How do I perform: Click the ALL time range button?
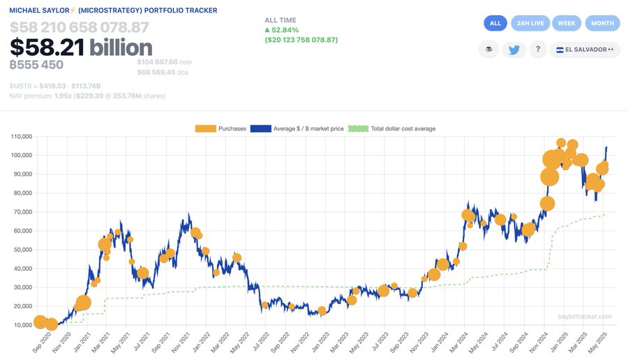(x=495, y=23)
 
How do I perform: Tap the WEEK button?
(x=567, y=23)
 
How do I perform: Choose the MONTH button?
(x=602, y=23)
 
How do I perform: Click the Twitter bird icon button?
(x=514, y=50)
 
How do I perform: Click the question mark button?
(x=537, y=50)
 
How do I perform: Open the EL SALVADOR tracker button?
(x=585, y=50)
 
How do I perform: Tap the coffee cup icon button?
(x=488, y=50)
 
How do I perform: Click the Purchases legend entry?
(x=220, y=128)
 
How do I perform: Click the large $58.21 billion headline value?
(x=81, y=47)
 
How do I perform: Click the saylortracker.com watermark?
(x=585, y=316)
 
